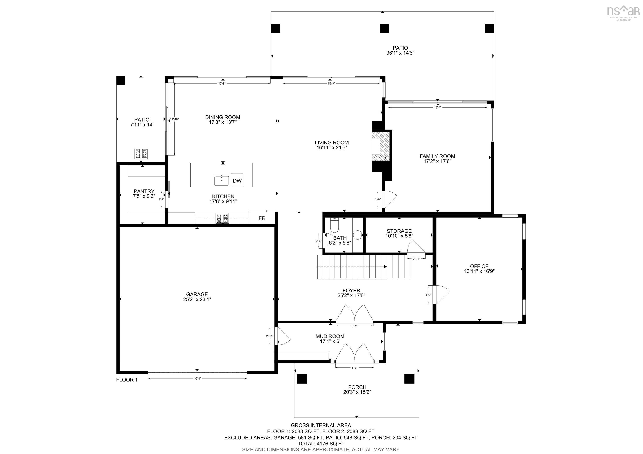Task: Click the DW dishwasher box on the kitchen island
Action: (237, 181)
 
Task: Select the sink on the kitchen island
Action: (221, 181)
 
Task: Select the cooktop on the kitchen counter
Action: (222, 218)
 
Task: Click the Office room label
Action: (479, 266)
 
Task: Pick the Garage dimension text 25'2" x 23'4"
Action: (197, 299)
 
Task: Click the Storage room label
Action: (399, 231)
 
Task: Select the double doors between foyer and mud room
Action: (355, 313)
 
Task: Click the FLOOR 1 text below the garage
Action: (127, 380)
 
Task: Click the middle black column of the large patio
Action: (384, 28)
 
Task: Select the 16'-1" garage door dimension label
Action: (197, 378)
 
